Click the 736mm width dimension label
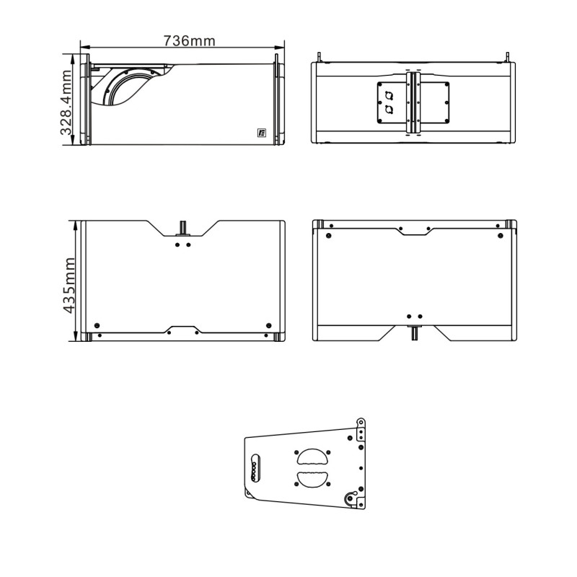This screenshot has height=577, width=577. coord(189,40)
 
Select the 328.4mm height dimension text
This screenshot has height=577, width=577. coord(66,102)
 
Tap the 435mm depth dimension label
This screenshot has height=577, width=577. coord(69,285)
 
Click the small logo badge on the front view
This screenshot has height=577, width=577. coord(262,133)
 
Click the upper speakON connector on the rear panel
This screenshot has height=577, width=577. coord(389,97)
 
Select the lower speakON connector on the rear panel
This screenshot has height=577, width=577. coord(389,110)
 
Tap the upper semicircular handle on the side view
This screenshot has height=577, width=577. coord(312,457)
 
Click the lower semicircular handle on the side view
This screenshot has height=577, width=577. coord(312,479)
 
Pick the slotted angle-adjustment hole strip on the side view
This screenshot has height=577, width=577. coord(255,467)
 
